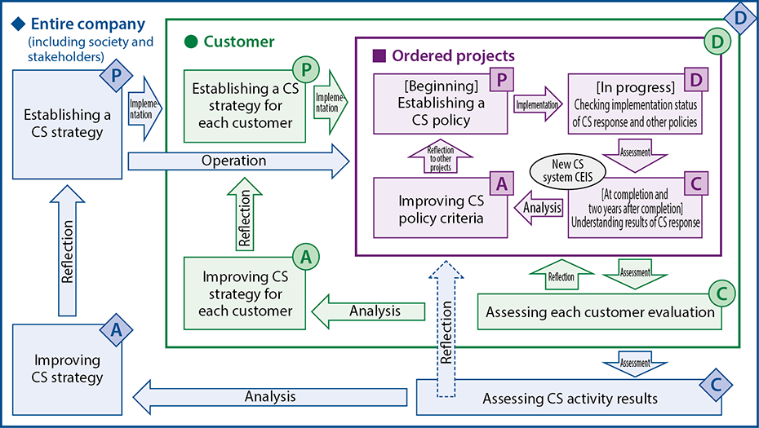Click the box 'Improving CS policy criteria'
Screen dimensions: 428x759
[x=440, y=210]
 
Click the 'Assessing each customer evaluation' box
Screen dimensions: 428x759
[x=600, y=311]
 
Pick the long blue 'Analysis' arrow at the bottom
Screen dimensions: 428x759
[x=269, y=397]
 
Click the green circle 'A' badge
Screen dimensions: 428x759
[x=306, y=256]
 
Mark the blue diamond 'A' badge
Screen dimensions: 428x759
[x=116, y=329]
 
